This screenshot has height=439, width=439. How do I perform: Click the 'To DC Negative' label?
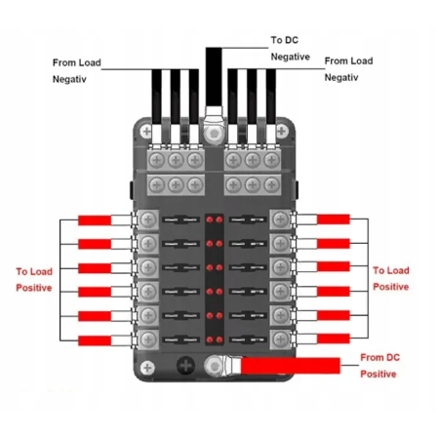(291, 49)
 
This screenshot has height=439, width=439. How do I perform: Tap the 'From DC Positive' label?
(379, 366)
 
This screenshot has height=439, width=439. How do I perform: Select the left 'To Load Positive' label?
(34, 280)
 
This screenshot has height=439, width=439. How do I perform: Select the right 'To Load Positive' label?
(391, 279)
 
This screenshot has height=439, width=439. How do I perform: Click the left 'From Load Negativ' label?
(77, 71)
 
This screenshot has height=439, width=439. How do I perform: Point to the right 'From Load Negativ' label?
(348, 69)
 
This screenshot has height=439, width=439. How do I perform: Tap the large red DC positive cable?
(291, 366)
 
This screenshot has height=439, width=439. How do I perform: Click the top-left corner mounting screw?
(146, 132)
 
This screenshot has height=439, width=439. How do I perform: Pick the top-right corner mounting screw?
(282, 132)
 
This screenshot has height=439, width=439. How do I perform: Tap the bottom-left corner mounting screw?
(147, 368)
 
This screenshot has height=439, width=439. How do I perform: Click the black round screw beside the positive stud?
(185, 366)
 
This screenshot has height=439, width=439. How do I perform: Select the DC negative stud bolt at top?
(214, 133)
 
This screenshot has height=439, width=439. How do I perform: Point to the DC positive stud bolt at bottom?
(214, 366)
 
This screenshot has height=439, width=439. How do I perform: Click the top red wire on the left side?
(95, 220)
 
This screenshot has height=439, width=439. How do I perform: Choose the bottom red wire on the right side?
(334, 339)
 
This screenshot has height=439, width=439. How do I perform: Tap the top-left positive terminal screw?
(148, 219)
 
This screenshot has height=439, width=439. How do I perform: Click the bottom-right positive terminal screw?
(280, 339)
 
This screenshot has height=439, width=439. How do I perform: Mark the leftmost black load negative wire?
(156, 97)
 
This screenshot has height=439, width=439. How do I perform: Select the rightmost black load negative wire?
(271, 97)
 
